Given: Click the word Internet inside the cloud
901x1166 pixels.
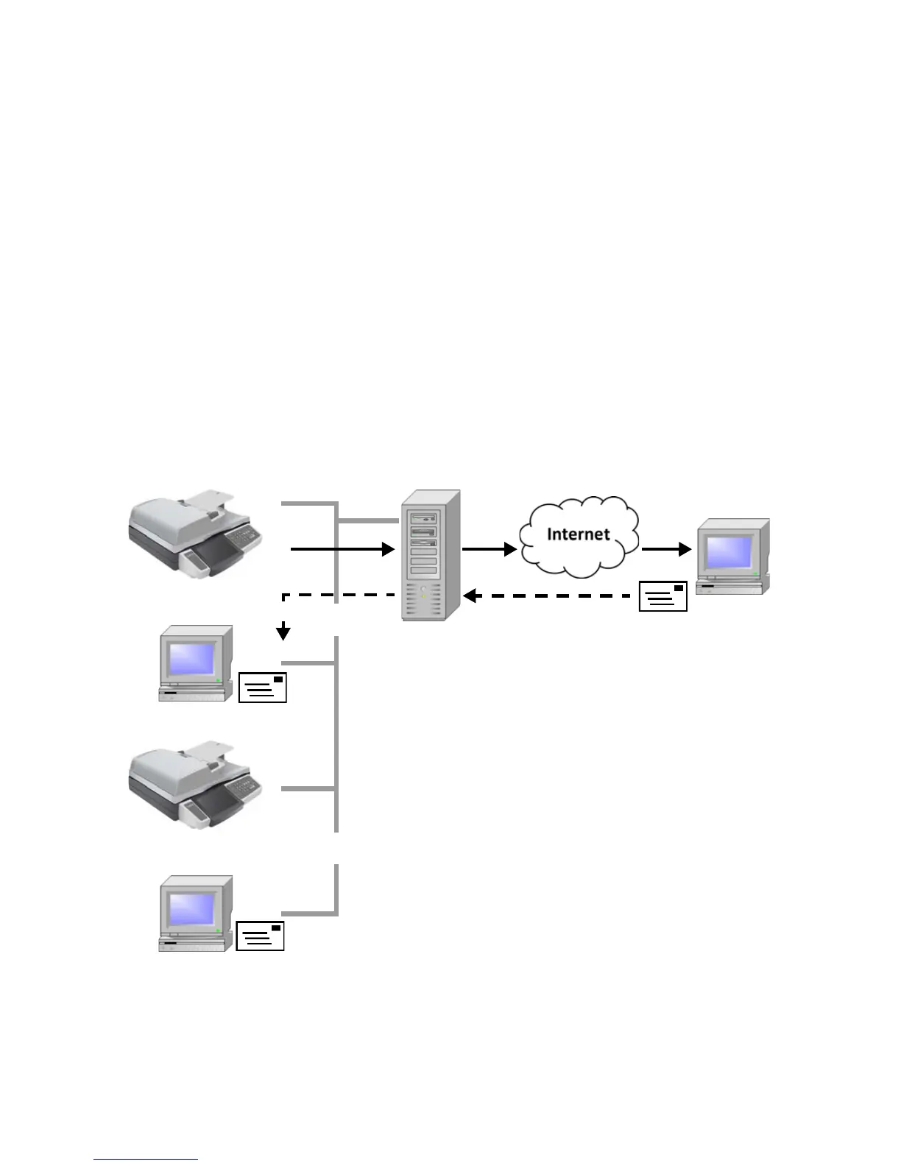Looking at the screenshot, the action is tap(578, 534).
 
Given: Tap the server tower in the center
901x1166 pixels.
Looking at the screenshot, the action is tap(431, 555).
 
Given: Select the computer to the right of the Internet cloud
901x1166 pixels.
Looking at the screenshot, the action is tap(732, 556).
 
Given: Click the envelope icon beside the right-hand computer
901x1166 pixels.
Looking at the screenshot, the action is tap(662, 596).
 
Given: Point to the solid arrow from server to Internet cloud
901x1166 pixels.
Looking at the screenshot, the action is tap(489, 549).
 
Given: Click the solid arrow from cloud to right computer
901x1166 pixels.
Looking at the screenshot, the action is tap(666, 549).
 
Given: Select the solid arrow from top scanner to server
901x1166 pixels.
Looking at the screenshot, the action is tap(342, 549).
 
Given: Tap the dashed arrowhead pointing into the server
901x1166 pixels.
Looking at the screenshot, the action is tap(470, 596).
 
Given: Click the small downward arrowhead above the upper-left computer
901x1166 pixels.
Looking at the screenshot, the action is tap(283, 633).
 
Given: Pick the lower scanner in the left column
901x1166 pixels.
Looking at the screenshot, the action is tap(195, 785).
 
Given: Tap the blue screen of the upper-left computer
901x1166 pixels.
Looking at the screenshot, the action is tap(191, 659).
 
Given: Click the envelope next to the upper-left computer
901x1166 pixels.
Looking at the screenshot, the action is tap(262, 687).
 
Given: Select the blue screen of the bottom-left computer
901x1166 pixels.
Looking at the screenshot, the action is tap(191, 910).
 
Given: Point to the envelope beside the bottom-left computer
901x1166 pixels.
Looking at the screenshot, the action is tap(261, 936).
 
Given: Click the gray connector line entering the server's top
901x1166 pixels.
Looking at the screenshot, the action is tap(368, 520).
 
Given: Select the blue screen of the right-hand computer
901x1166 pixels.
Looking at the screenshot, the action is tap(729, 551).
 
